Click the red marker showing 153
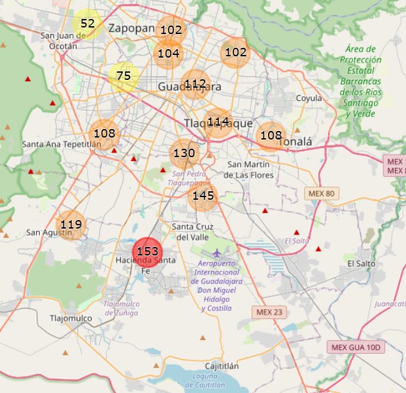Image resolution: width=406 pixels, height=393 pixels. pos(147,252)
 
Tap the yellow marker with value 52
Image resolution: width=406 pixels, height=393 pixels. pos(87,24)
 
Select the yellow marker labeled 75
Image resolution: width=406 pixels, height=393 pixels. pos(124,77)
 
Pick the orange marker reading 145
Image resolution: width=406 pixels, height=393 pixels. pos(203,196)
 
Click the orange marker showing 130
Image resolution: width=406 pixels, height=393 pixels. pos(184,154)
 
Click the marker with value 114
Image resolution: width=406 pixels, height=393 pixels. pos(218,122)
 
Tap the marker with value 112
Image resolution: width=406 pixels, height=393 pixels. pos(195,84)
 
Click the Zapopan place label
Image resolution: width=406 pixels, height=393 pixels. pos(131,28)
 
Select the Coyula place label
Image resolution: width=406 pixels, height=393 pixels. pos(309,98)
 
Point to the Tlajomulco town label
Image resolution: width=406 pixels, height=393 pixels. pos(72,318)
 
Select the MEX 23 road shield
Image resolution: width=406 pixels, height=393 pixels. pos(269,312)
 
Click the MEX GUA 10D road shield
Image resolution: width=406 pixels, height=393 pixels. pos(356,347)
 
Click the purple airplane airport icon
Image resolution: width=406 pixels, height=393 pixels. pos(217,253)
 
